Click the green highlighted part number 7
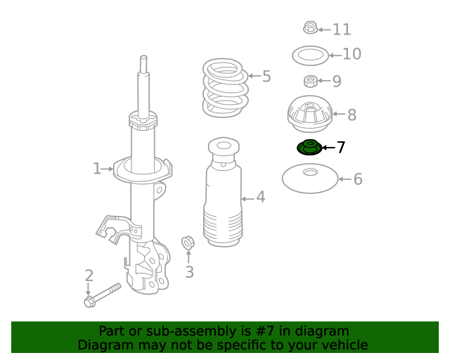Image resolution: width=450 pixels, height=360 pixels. point(309,147)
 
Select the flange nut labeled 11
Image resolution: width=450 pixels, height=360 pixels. point(311,27)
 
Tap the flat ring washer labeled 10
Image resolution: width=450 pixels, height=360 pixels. point(310,56)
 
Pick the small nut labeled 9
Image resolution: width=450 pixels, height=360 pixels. point(311,82)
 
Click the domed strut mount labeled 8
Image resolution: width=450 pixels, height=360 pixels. point(310,114)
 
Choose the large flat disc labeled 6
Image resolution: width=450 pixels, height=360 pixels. point(310,179)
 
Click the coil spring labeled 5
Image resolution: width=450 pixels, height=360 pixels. point(225,88)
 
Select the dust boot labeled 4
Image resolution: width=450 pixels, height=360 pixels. point(224,192)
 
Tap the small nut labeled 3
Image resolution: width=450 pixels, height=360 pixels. point(188,243)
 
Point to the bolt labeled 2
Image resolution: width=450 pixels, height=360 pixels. point(103,295)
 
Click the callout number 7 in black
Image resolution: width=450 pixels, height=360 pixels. point(340,147)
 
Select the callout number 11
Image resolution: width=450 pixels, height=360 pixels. point(342,30)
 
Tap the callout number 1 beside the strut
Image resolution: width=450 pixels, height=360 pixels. point(97,169)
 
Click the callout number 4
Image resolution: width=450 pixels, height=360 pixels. point(261,197)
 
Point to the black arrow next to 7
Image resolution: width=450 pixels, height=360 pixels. point(328,148)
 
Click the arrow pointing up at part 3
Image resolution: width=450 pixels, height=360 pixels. point(188,257)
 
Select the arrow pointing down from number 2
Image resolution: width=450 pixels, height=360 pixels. point(89,289)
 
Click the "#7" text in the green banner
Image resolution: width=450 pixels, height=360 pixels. point(264,331)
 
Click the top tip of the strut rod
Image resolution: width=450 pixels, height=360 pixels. point(143,56)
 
